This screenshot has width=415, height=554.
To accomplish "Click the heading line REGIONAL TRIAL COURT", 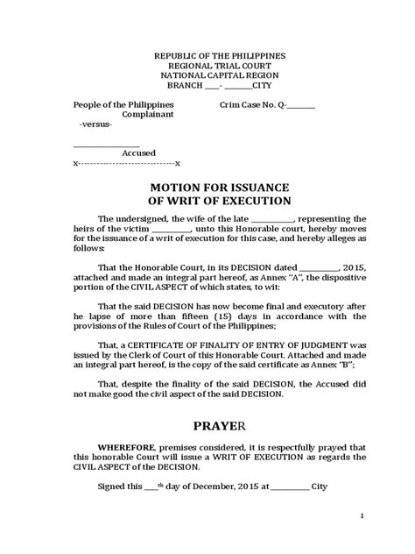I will [207, 65].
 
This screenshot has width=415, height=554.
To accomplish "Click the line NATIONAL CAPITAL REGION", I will [207, 75].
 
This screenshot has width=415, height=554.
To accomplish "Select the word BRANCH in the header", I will [184, 86].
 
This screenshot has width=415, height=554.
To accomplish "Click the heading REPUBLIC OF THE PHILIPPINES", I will [207, 54].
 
